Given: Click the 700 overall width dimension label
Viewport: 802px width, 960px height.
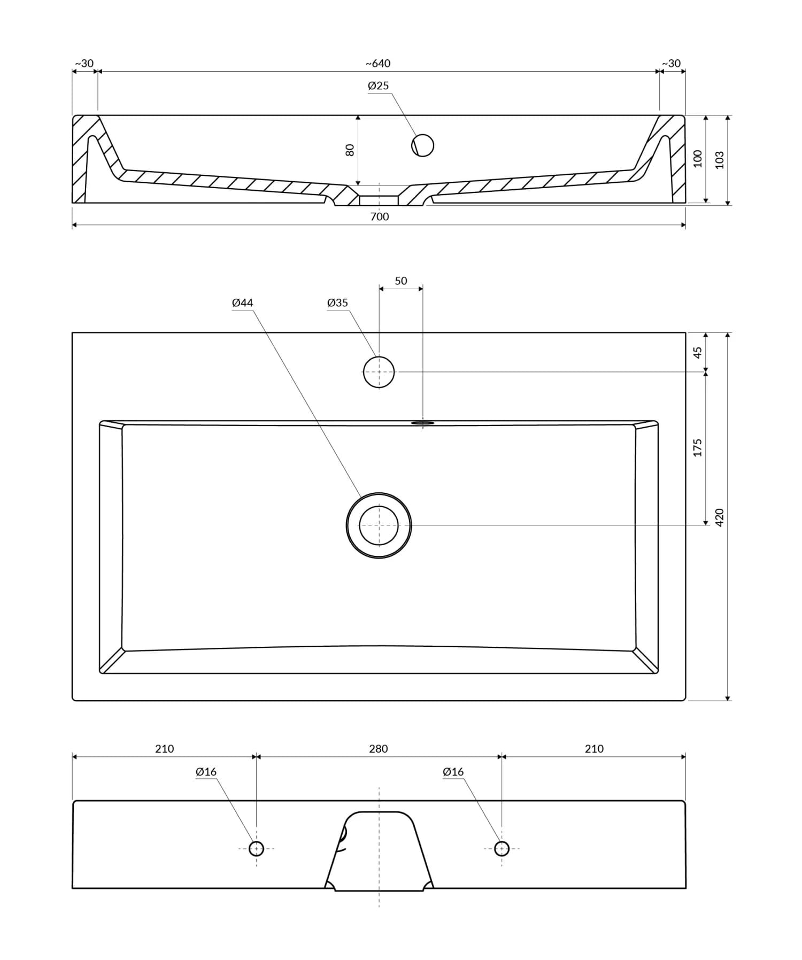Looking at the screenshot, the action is [x=380, y=216].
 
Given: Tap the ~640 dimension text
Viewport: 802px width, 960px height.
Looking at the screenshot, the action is [x=378, y=64].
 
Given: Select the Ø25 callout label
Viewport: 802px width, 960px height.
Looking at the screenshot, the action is [x=378, y=86].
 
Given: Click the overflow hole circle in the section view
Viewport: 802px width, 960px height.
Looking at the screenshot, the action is [x=422, y=145].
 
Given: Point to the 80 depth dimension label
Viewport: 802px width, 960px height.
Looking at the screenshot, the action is [x=350, y=150].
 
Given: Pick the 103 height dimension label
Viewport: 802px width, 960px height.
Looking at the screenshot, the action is [x=720, y=160].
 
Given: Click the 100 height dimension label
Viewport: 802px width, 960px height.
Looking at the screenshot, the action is [x=698, y=158].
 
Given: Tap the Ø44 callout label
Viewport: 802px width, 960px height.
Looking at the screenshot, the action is [x=242, y=303].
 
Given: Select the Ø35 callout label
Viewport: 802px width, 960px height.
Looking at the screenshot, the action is [x=337, y=303].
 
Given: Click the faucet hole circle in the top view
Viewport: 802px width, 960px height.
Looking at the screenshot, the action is [x=379, y=371].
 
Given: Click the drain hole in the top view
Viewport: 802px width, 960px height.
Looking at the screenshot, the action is [x=379, y=525].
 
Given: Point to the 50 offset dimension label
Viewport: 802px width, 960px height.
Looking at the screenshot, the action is [x=401, y=281].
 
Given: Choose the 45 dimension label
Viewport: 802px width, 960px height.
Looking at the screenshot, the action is [x=698, y=352].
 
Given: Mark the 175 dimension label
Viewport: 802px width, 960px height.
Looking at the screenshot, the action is [x=698, y=447].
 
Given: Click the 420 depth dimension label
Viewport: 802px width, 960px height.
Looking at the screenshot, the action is [x=720, y=517].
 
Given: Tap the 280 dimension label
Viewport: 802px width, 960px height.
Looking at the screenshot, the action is [x=379, y=749].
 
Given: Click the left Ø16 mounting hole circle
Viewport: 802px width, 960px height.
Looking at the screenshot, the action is [x=256, y=848].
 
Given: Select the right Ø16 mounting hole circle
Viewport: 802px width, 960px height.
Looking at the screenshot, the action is [x=502, y=848].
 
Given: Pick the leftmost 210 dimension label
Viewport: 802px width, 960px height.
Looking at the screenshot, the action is [x=165, y=749].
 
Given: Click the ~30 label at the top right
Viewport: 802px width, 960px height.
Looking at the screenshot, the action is [x=672, y=64].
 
